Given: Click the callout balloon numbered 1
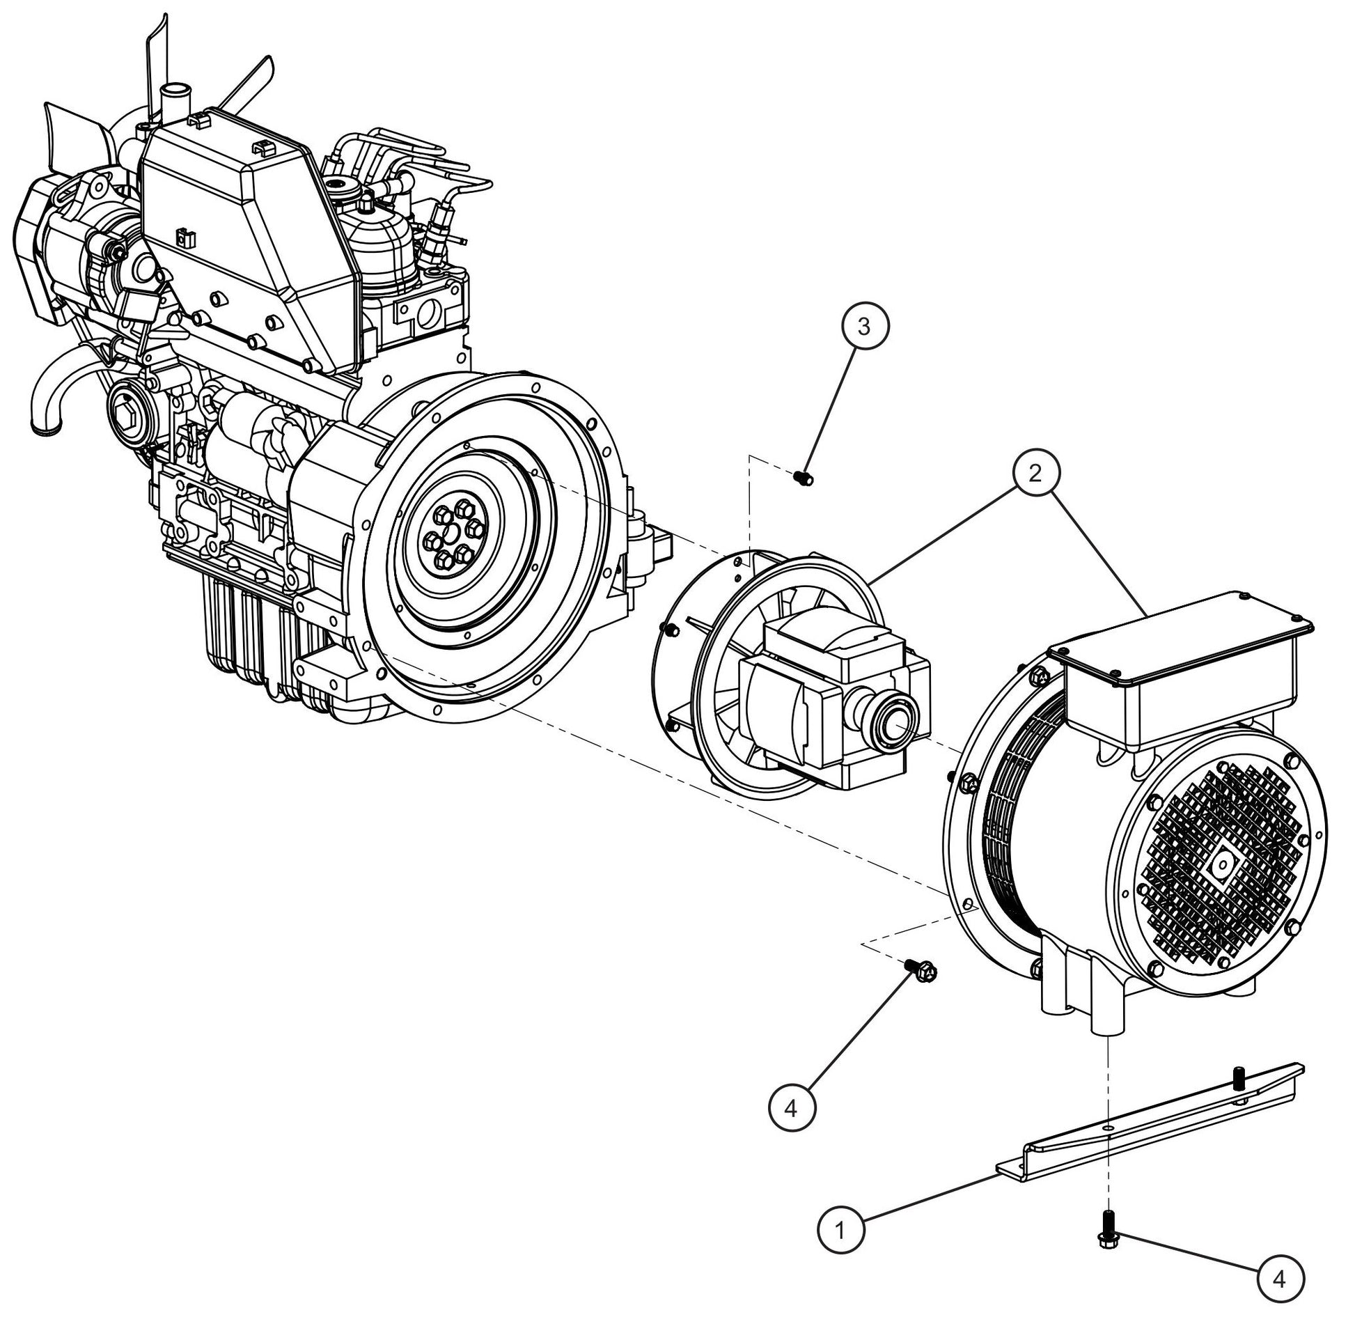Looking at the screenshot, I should click(x=841, y=1231).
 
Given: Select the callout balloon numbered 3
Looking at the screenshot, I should click(x=864, y=327).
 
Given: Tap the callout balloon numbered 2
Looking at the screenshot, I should click(x=1035, y=474).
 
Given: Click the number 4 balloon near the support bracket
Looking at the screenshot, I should click(x=1281, y=1278).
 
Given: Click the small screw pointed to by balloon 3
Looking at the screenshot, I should click(x=804, y=478).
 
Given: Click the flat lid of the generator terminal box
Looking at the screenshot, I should click(x=1184, y=637).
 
